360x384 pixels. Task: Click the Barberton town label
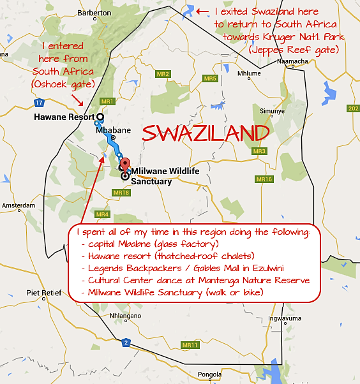tap(89, 13)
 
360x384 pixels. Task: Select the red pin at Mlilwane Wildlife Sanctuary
tap(125, 163)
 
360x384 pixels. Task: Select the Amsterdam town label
tap(19, 205)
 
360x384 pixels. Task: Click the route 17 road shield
tap(40, 102)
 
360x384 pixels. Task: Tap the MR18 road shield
tap(121, 192)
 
